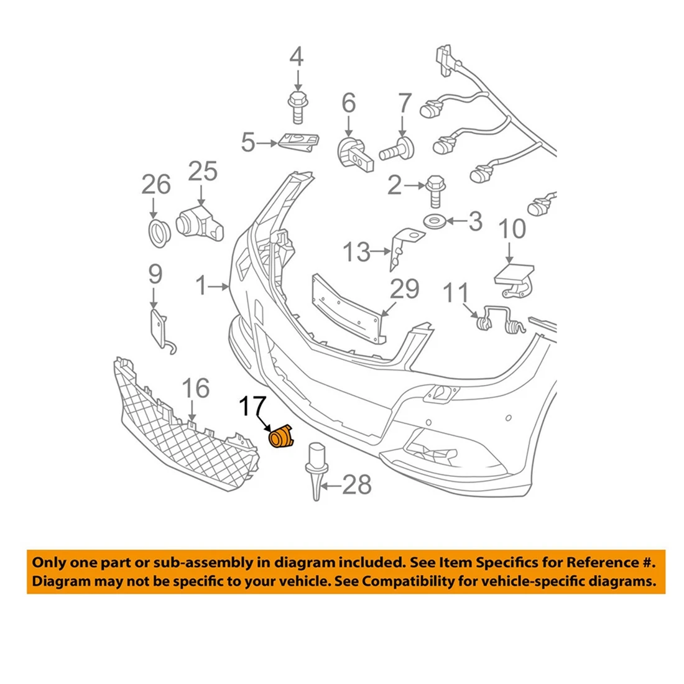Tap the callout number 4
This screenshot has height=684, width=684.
point(297,57)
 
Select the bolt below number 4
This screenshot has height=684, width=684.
point(297,108)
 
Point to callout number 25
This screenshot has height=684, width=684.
point(203,171)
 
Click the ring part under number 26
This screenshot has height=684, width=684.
point(160,233)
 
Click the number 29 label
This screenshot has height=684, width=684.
point(405,289)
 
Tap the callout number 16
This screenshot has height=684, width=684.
point(196,389)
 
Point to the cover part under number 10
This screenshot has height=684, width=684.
point(515,279)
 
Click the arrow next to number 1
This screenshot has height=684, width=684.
point(220,287)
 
